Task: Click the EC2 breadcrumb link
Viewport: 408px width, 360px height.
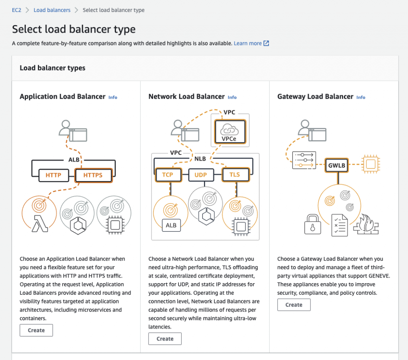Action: [x=16, y=10]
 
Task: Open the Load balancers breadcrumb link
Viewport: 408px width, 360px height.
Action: [x=52, y=10]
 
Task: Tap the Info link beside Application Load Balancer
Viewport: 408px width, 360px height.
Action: [x=113, y=97]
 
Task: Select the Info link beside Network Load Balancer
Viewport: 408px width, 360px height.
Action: [x=232, y=97]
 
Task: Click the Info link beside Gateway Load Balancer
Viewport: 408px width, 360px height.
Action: [x=361, y=97]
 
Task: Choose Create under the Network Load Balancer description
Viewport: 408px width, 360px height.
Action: [x=165, y=338]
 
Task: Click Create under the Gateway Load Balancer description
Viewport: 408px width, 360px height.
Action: [x=294, y=305]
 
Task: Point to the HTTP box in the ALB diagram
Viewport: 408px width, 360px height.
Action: [x=54, y=175]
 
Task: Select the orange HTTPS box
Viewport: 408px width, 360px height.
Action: [x=93, y=175]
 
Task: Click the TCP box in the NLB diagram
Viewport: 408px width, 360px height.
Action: [x=168, y=174]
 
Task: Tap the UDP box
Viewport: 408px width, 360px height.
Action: [x=201, y=175]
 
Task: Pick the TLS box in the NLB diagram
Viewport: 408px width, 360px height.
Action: [x=235, y=174]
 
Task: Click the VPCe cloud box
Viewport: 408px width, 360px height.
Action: [x=230, y=132]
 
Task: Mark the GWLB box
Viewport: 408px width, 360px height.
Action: [x=337, y=165]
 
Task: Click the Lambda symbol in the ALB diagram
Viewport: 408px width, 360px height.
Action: [x=40, y=223]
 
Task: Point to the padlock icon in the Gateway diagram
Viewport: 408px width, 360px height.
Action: [x=312, y=224]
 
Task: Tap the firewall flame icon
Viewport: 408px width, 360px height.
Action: [x=366, y=224]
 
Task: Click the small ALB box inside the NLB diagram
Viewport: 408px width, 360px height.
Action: [x=171, y=225]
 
